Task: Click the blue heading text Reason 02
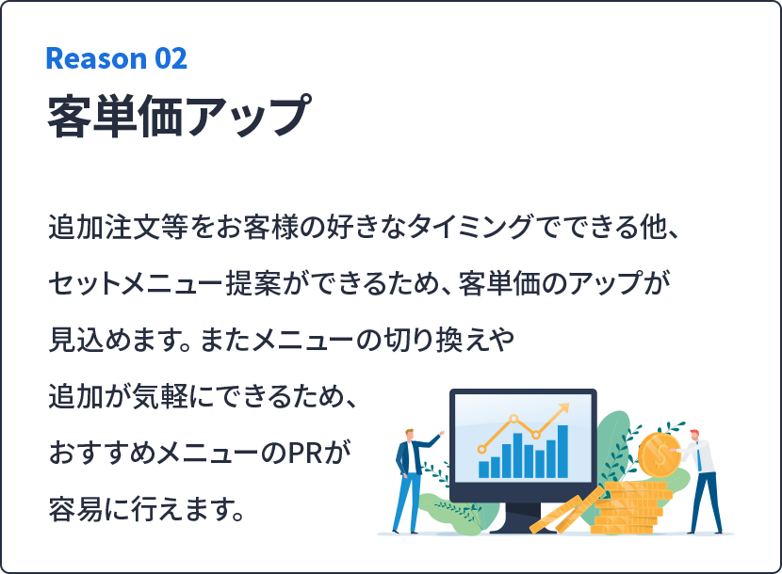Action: tap(116, 58)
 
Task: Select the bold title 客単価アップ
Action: tap(180, 116)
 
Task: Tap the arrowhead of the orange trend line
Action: tap(563, 408)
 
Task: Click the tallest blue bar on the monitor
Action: tap(562, 452)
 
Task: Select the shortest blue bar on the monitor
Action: tap(483, 470)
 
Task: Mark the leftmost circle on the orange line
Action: tap(481, 449)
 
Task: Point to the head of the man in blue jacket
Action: tap(410, 435)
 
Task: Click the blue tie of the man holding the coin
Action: tap(699, 458)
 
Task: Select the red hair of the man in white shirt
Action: tap(694, 433)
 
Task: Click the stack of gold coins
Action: tap(632, 507)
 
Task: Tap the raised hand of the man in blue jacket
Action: tap(441, 433)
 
